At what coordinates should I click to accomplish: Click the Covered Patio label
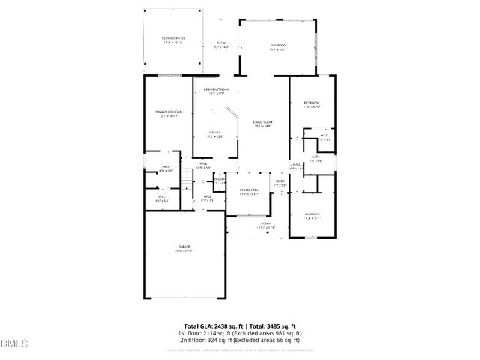(174, 39)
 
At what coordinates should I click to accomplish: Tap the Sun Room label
(279, 48)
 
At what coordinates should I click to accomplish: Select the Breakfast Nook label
(216, 91)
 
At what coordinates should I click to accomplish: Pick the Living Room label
(262, 124)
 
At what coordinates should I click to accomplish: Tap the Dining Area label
(249, 192)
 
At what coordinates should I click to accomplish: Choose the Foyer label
(279, 183)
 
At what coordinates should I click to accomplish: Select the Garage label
(184, 248)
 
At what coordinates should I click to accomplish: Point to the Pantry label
(219, 181)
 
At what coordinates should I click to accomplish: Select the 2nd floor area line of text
(240, 340)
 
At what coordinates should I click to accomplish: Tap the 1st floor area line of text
(240, 333)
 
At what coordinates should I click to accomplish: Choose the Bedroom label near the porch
(313, 216)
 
